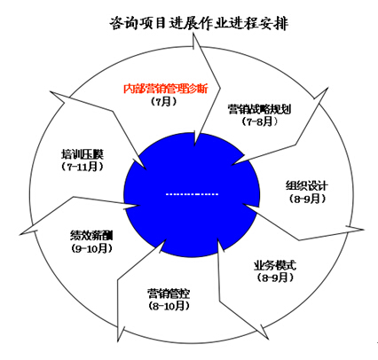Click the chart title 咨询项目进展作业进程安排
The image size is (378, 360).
click(x=199, y=23)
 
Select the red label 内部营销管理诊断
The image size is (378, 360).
click(x=166, y=89)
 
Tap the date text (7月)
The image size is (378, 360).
click(x=163, y=101)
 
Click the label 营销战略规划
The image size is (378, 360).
click(x=259, y=109)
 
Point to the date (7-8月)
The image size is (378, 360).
click(x=260, y=121)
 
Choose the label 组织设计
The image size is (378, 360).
click(x=307, y=185)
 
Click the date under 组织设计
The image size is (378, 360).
click(x=307, y=199)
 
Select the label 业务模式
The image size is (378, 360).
click(x=275, y=265)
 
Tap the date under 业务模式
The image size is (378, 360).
click(x=275, y=278)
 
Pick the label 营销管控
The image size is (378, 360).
click(x=169, y=293)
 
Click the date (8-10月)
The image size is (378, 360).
click(x=169, y=306)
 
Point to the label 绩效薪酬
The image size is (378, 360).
click(x=91, y=236)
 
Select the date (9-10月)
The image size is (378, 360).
click(x=92, y=248)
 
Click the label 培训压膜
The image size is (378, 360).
click(x=83, y=154)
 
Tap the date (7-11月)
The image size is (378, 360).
click(x=83, y=167)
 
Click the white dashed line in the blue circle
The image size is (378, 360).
click(x=192, y=194)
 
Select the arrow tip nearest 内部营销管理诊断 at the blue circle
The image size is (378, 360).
click(x=194, y=145)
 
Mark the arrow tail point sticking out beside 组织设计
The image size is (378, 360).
click(x=364, y=230)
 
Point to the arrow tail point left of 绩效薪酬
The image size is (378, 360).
click(x=20, y=235)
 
